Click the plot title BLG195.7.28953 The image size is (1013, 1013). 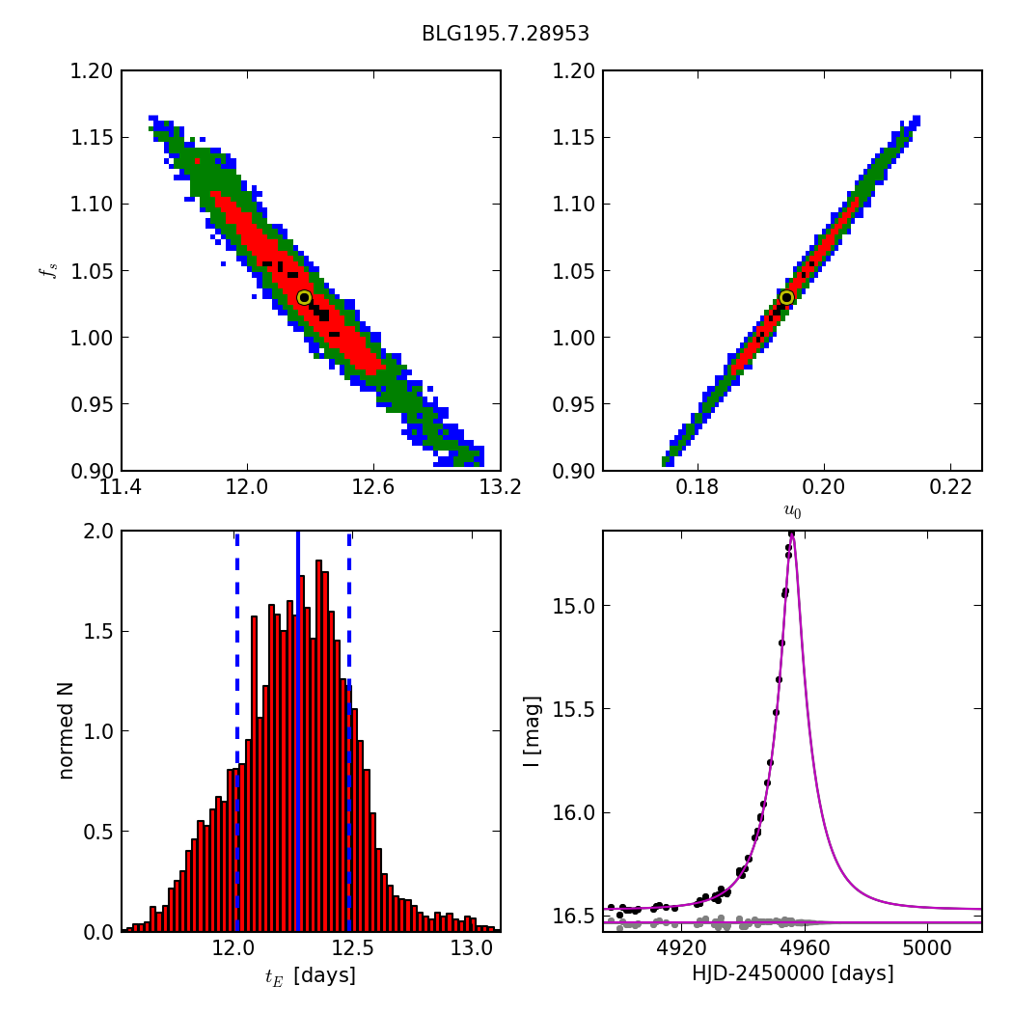click(x=506, y=34)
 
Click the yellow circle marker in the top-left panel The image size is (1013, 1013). click(x=304, y=297)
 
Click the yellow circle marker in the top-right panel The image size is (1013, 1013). click(x=786, y=297)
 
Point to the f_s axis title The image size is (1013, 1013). click(x=47, y=270)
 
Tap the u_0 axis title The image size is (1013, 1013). click(x=792, y=512)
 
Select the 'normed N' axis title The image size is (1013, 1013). click(x=66, y=730)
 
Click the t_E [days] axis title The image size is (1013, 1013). click(x=310, y=975)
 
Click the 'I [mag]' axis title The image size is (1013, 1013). click(x=531, y=730)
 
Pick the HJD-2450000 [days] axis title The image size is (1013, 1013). click(x=792, y=973)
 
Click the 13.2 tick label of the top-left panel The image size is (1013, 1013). click(x=500, y=487)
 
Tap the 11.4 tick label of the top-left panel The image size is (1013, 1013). click(x=122, y=487)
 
